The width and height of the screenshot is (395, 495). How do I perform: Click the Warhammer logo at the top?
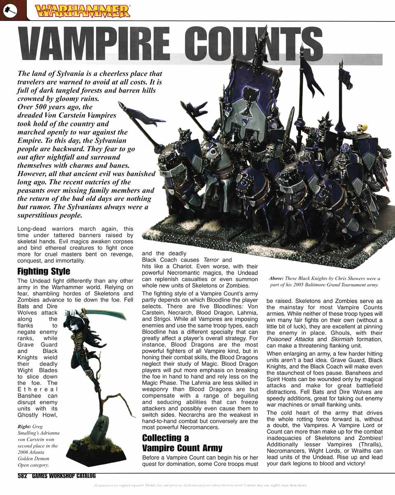coord(83,10)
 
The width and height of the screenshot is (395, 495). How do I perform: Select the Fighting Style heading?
coord(44,271)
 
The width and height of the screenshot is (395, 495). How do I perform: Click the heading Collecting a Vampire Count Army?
coord(182,443)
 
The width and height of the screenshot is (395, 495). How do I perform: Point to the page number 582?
coord(22,475)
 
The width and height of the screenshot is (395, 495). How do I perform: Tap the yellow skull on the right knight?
coord(362,128)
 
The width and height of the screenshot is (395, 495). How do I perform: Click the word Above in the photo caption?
coord(276,278)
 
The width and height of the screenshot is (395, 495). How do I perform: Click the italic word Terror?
coord(211,260)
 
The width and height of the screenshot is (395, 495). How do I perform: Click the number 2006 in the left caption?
coord(25,452)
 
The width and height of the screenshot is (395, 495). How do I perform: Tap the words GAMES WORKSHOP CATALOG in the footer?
coord(64,475)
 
